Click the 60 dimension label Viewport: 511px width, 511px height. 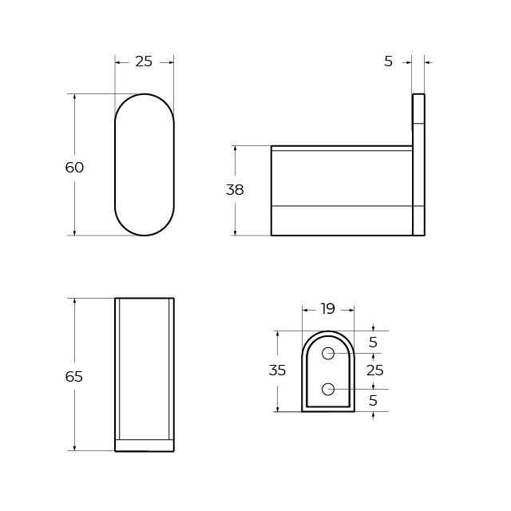tap(74, 168)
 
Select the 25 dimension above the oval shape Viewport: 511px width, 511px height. tap(144, 61)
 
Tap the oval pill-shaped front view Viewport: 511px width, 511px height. tap(144, 164)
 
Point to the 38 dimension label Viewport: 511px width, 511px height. tap(235, 190)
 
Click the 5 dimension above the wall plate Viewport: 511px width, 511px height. tap(389, 61)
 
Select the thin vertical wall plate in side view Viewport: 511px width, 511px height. tap(418, 164)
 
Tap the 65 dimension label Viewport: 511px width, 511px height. tap(74, 377)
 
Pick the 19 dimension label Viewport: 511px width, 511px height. tap(327, 309)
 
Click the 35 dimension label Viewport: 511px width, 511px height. tap(277, 370)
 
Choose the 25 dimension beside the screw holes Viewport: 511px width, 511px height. tap(374, 370)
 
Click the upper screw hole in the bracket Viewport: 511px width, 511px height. tap(327, 354)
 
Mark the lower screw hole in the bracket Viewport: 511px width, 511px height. tap(327, 389)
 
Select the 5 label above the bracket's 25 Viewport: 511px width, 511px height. tap(373, 343)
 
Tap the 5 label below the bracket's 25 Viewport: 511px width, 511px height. tap(373, 401)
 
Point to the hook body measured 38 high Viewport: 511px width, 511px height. tap(342, 190)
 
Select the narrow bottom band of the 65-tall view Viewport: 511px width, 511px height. tap(144, 446)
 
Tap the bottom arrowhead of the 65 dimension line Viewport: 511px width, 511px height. tap(74, 448)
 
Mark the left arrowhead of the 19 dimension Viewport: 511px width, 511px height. tap(305, 309)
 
